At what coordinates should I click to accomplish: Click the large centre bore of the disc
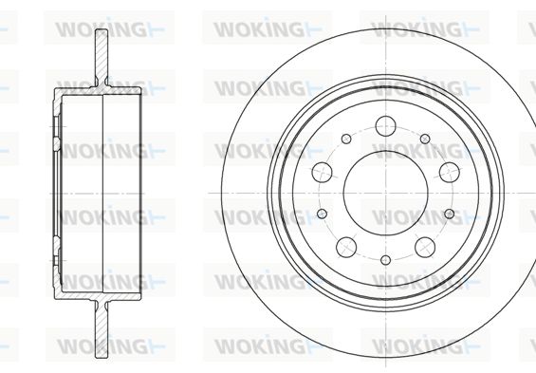(385, 194)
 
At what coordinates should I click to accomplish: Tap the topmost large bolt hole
(385, 126)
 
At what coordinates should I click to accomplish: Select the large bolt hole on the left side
(322, 173)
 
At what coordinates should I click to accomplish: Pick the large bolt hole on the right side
(449, 173)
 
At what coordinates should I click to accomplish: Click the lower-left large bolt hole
(346, 247)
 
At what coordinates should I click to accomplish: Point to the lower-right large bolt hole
(425, 247)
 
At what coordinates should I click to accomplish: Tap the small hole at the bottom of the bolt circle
(385, 260)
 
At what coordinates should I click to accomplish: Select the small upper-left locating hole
(346, 139)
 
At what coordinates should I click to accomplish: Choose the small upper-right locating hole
(425, 139)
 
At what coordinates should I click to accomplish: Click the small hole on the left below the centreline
(322, 214)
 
